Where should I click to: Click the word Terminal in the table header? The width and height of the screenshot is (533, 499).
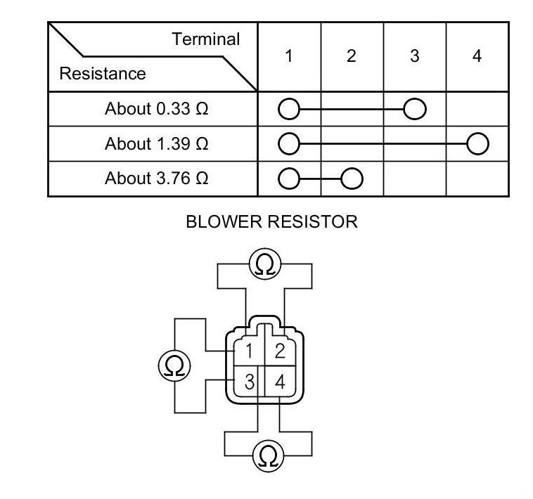(x=205, y=39)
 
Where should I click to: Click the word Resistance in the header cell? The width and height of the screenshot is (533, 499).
(x=103, y=74)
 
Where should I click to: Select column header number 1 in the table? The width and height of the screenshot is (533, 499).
(x=289, y=56)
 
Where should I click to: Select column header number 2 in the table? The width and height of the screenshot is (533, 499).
(x=352, y=56)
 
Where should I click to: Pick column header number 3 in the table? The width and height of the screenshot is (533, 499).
(x=414, y=56)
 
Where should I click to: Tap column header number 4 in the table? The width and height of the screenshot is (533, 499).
(x=477, y=56)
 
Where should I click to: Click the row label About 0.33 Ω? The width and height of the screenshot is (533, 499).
(x=157, y=109)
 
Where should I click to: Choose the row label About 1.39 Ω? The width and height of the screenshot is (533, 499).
(x=157, y=144)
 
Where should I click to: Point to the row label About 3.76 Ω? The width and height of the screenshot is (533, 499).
(x=157, y=179)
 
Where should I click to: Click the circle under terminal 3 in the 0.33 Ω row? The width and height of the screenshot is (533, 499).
(x=415, y=110)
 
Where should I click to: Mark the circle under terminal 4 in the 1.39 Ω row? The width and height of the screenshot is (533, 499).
(x=477, y=145)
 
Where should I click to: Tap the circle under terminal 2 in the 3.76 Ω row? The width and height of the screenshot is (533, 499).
(x=352, y=179)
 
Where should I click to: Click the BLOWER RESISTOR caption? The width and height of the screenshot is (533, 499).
(x=271, y=222)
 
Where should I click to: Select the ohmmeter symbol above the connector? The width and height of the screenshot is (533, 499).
(x=265, y=265)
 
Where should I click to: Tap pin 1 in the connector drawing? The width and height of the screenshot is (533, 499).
(x=249, y=351)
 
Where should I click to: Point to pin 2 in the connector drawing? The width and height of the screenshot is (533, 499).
(x=279, y=351)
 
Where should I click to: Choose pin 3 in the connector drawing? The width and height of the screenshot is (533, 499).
(x=249, y=382)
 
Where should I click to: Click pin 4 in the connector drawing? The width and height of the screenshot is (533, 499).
(x=280, y=382)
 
